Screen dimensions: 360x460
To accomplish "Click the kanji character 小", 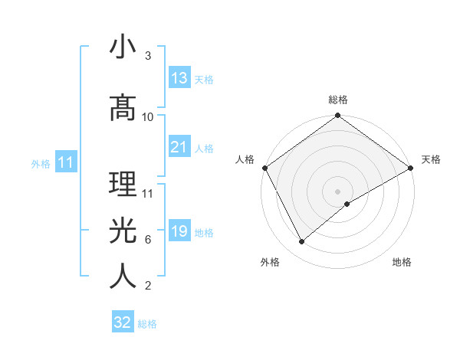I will click(123, 47).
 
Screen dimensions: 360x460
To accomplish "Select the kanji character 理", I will click(123, 185).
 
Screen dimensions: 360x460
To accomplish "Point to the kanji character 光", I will click(123, 231).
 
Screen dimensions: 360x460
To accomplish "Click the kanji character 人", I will click(123, 277).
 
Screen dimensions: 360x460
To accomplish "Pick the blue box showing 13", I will click(179, 78).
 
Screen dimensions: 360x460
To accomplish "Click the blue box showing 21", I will click(179, 147).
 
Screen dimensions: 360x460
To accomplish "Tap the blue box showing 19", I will click(179, 231).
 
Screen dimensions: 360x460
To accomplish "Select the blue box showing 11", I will click(65, 162).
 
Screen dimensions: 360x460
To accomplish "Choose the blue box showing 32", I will click(123, 322).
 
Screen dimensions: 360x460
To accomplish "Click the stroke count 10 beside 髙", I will click(148, 116).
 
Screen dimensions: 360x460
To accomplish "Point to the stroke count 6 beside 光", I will click(147, 239).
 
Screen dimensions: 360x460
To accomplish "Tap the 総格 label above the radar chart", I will click(337, 100).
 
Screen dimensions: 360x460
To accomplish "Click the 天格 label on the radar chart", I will click(431, 159).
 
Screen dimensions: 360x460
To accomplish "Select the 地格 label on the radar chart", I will click(402, 262).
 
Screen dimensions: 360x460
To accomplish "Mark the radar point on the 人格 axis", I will click(264, 167).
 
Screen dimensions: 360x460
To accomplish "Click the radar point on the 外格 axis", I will click(302, 242).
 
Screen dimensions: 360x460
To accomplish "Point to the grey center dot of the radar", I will click(337, 191).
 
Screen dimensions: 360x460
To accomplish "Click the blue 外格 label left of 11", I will click(41, 163).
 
